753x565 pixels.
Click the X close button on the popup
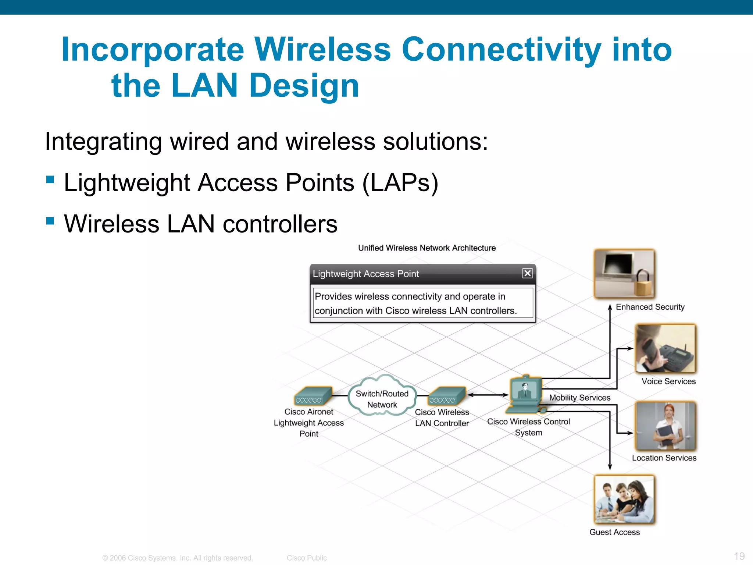527,273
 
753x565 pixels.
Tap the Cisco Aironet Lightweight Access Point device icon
313,396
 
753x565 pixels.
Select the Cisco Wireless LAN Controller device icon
447,396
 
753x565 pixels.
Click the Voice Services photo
665,348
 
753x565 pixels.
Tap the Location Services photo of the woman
665,426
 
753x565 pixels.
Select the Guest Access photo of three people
624,499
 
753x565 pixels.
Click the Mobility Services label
579,398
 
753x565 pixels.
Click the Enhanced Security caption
650,307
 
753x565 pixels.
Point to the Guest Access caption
614,532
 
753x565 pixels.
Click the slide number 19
739,556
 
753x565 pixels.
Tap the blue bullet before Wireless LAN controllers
50,221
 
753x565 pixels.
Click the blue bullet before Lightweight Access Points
50,180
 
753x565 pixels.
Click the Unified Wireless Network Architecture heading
427,248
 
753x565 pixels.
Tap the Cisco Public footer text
307,558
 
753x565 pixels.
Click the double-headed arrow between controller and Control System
488,395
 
